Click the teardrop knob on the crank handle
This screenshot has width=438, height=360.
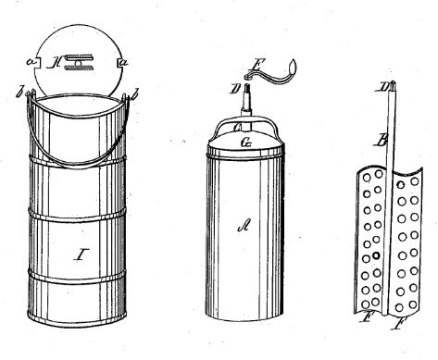click(x=292, y=67)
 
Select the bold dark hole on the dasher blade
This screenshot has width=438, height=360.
click(x=370, y=255)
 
